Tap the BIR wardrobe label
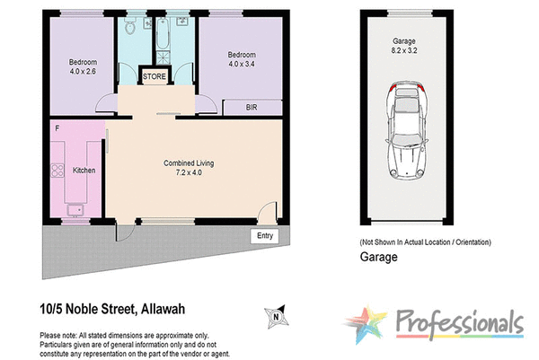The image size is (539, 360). tap(254, 107)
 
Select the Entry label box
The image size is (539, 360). tap(264, 235)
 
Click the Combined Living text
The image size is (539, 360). tap(189, 163)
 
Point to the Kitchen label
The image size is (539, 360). tap(84, 171)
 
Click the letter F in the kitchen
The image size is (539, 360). tap(57, 129)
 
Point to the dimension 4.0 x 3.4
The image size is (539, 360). tap(242, 64)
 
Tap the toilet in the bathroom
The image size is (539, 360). tap(132, 28)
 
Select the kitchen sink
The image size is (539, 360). tap(75, 210)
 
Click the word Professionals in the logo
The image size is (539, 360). tap(458, 322)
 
